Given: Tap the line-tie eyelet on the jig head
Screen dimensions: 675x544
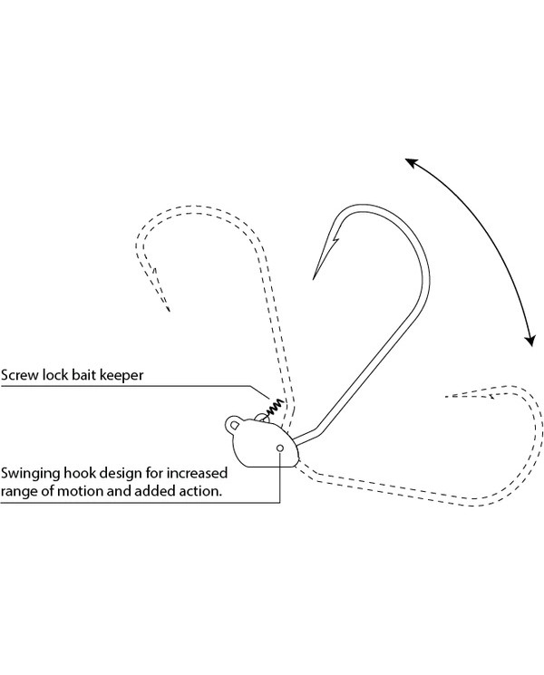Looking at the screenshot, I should pyautogui.click(x=234, y=423).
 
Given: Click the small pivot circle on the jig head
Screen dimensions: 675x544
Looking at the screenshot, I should pyautogui.click(x=280, y=448).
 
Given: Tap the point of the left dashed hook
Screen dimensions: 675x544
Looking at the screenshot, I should pyautogui.click(x=170, y=311).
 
